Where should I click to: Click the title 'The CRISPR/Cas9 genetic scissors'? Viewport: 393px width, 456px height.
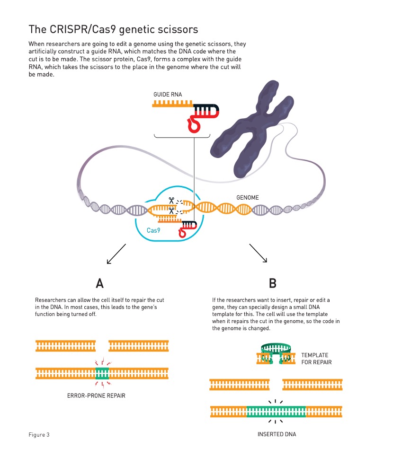pos(113,29)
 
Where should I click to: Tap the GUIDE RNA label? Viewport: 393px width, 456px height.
pos(168,95)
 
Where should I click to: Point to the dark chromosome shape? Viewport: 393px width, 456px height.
pos(252,128)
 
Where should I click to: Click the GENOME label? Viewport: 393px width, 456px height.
pos(248,197)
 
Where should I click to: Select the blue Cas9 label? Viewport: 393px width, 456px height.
pos(153,230)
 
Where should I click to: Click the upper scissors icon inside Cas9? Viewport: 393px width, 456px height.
pos(171,201)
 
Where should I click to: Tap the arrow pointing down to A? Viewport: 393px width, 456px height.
pos(116,254)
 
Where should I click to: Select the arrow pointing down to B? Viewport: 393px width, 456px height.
pos(258,253)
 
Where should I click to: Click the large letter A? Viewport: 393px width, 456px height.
pos(99,283)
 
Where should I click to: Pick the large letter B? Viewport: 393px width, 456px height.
pos(272,283)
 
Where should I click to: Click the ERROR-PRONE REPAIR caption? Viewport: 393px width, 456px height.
pos(96,395)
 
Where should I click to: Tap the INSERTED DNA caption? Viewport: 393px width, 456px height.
pos(277,434)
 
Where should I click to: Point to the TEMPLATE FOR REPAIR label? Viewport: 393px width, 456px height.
pos(316,359)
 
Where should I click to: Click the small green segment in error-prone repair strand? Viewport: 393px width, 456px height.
pos(102,373)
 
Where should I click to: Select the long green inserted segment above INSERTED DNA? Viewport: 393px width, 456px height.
pos(276,412)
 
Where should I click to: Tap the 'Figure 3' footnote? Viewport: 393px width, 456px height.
pos(39,435)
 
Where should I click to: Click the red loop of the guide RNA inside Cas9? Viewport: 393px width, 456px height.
pos(183,232)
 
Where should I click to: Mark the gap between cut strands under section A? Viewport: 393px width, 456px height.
pos(102,346)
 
